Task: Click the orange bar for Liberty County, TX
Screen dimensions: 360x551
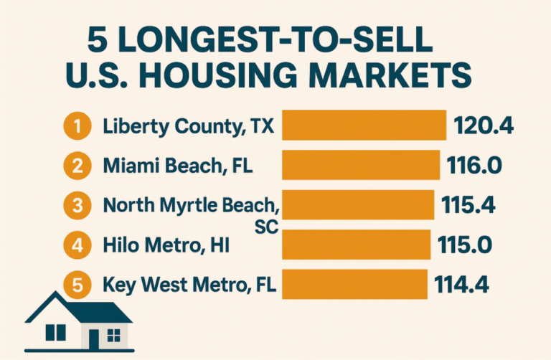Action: [x=364, y=125]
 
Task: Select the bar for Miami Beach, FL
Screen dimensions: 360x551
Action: [x=360, y=165]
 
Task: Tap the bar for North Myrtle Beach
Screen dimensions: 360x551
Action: [x=358, y=204]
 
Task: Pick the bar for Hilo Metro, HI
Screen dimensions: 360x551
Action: [x=357, y=245]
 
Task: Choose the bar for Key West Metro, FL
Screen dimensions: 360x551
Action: [x=354, y=284]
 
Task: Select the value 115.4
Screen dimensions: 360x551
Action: [x=471, y=205]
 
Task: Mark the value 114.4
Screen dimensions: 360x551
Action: [x=463, y=285]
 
